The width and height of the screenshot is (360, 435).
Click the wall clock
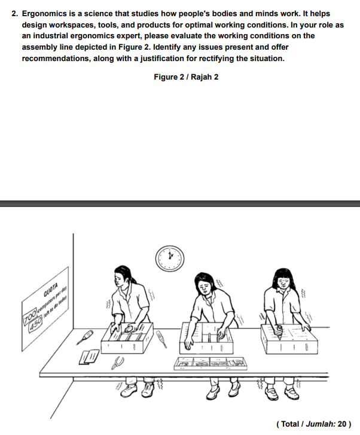[170, 257]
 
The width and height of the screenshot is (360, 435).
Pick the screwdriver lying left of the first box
[84, 337]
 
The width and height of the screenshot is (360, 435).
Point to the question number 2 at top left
[14, 13]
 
